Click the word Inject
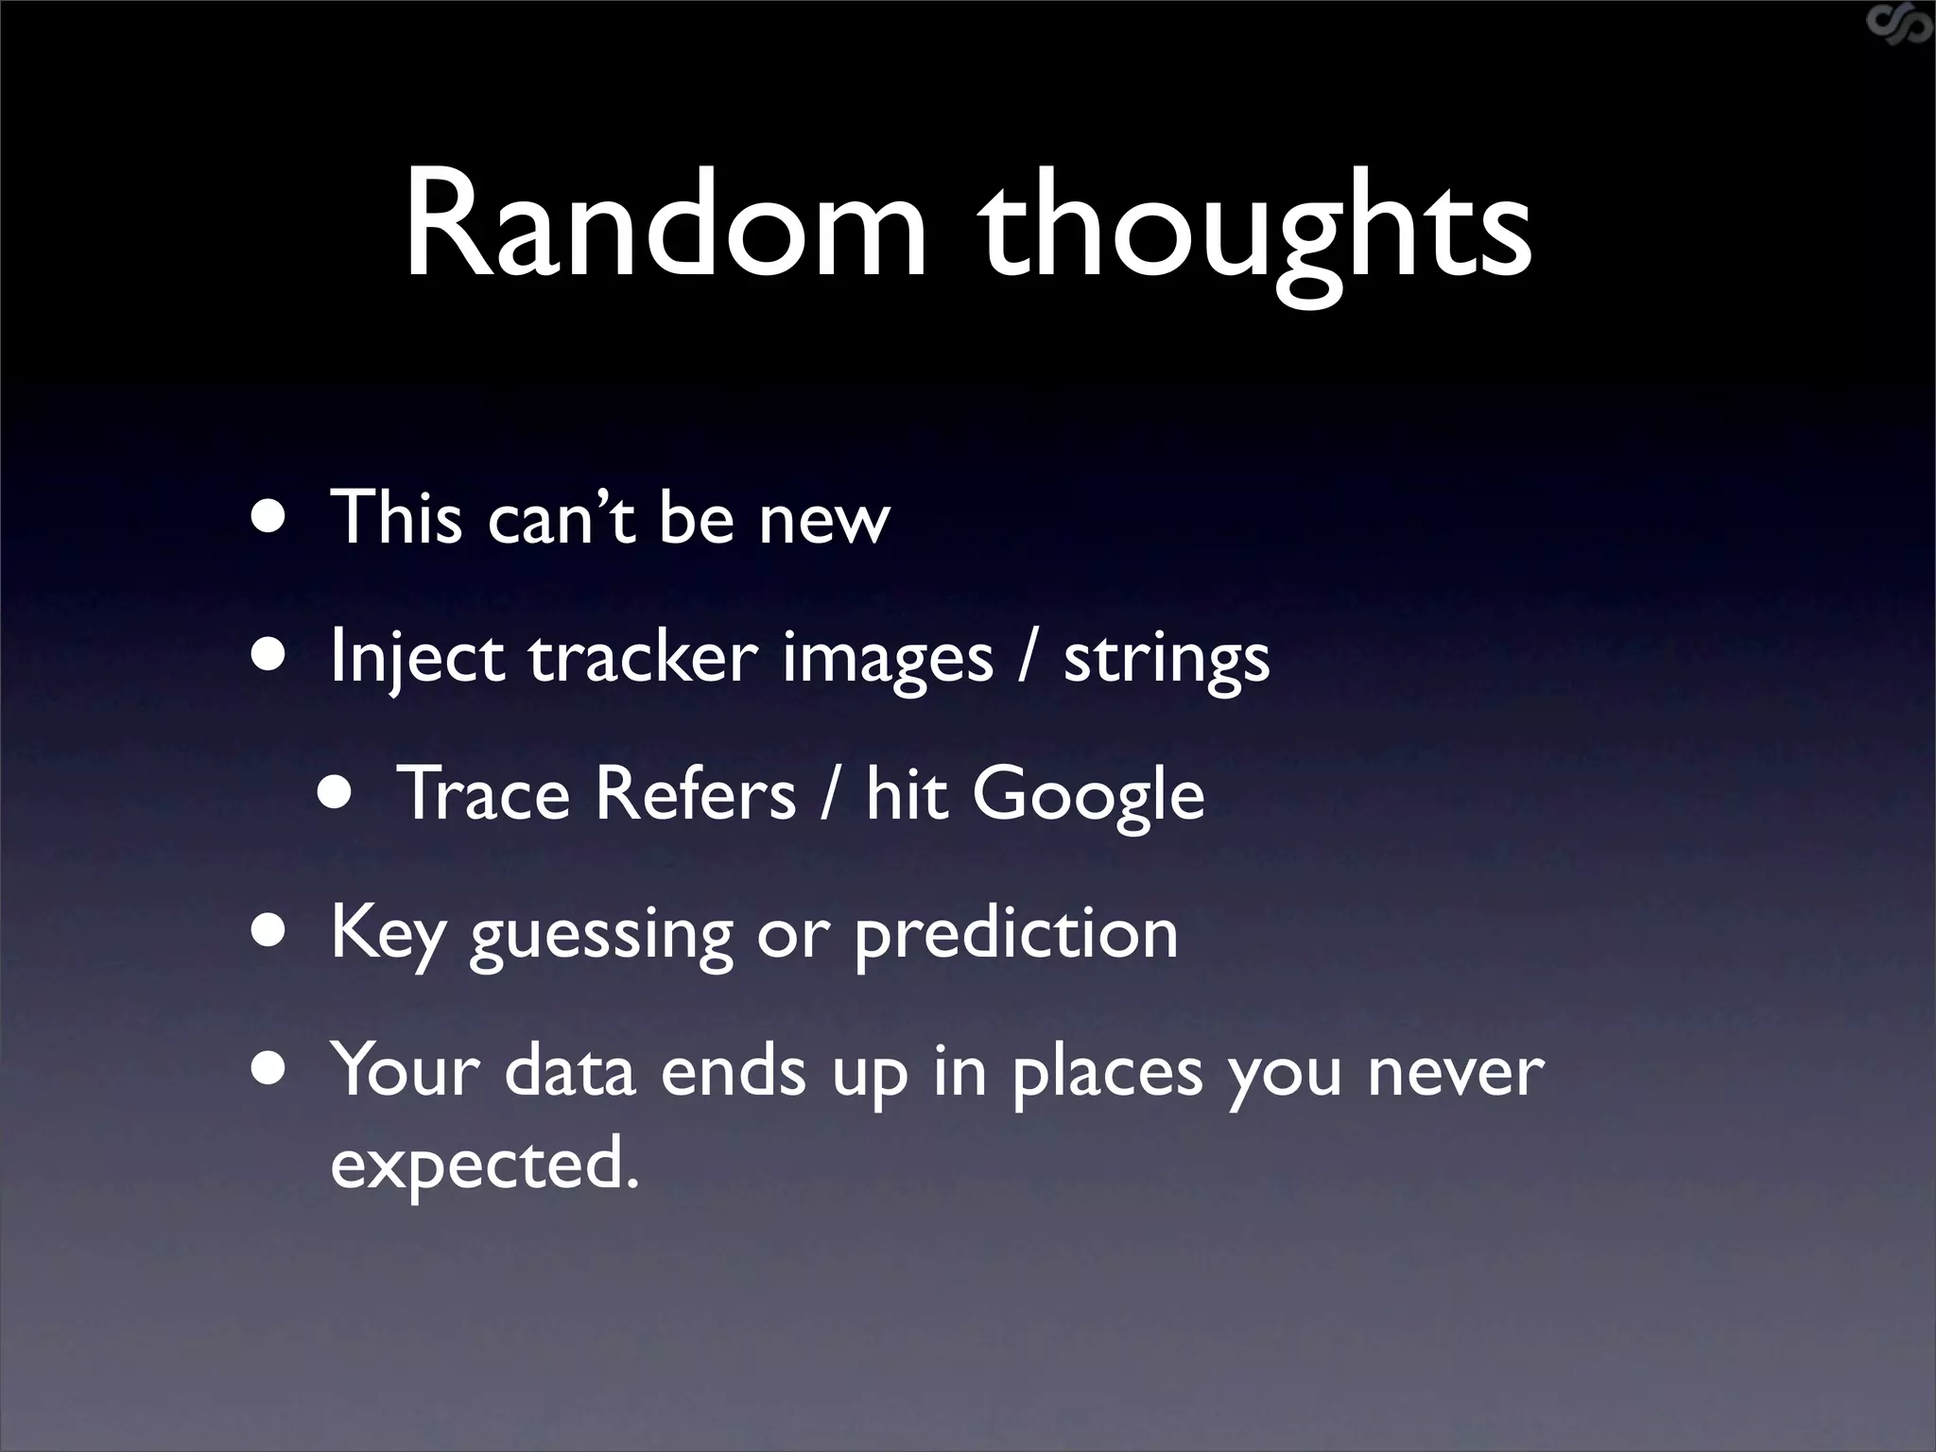point(416,659)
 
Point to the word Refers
point(695,794)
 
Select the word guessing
point(600,937)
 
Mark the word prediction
point(1016,935)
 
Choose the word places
point(1107,1073)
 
